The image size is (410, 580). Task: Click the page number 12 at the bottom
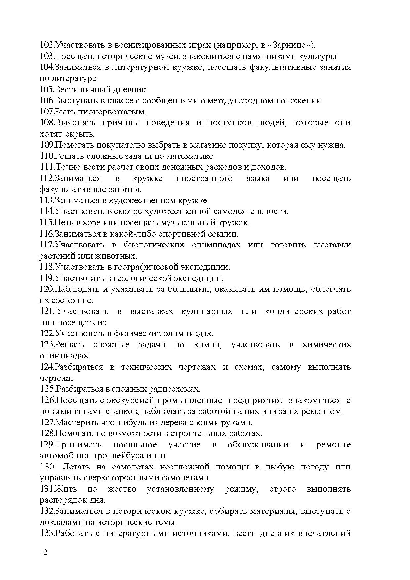tap(43, 552)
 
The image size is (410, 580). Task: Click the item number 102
tap(46, 45)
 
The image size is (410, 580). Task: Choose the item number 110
tap(47, 156)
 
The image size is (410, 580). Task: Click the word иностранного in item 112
tap(204, 179)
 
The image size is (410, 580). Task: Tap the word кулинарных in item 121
tap(207, 312)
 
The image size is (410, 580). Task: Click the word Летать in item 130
tap(76, 467)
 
